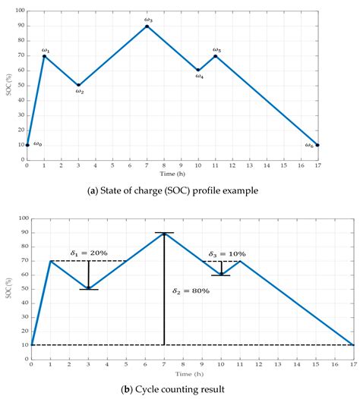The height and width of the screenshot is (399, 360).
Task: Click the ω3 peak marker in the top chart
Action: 147,27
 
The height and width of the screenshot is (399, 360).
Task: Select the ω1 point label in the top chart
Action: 46,49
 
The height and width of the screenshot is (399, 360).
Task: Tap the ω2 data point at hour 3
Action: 79,85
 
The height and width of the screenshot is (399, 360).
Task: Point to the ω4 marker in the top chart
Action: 198,70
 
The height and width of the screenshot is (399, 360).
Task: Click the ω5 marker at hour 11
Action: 216,55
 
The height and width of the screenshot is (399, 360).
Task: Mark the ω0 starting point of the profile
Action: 27,144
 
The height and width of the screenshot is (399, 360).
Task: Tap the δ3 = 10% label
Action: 227,254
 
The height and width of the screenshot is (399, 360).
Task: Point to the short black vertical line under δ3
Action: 221,268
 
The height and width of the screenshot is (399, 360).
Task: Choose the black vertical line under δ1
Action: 89,275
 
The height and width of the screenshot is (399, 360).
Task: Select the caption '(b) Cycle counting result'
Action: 181,389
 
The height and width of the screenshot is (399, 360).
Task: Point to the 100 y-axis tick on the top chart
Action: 19,12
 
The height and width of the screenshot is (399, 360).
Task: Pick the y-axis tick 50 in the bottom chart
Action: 24,289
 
